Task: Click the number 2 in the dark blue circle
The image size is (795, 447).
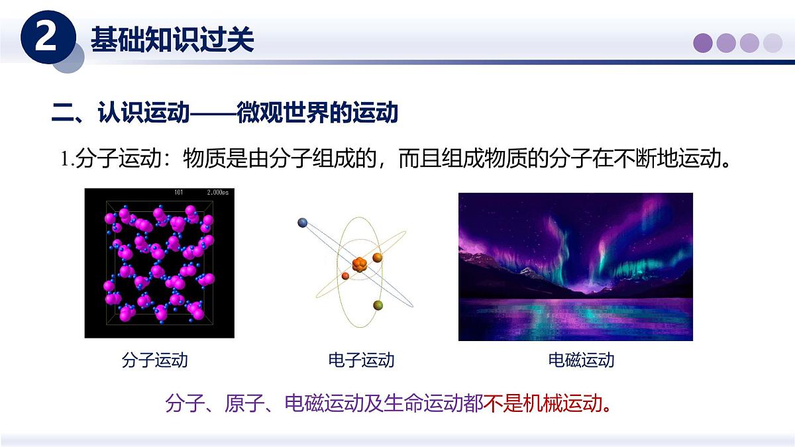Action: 45,39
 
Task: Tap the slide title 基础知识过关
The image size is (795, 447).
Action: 172,40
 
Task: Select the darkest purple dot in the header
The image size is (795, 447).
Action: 703,43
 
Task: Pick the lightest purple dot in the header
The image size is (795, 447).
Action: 772,43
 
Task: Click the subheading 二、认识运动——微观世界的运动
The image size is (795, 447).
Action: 225,113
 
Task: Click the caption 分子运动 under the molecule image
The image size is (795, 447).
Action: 155,360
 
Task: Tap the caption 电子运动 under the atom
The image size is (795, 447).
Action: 361,360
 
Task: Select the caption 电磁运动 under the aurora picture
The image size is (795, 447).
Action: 581,360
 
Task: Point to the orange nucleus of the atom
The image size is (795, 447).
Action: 360,265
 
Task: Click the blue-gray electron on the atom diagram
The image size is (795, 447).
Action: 303,223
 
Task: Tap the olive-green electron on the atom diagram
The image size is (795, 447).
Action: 378,305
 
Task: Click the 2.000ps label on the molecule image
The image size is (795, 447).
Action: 217,193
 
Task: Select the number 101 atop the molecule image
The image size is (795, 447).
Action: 179,193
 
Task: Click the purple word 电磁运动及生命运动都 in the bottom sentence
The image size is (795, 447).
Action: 384,403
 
